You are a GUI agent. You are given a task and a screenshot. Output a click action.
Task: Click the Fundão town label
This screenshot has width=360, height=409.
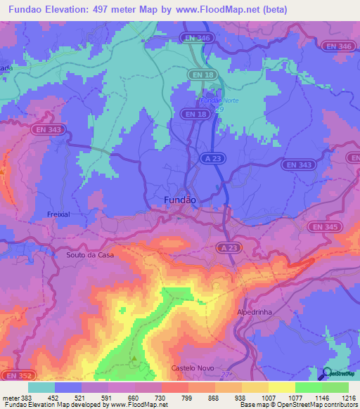coord(179,200)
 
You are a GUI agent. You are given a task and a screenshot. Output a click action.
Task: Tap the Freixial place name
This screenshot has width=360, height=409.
coord(59,214)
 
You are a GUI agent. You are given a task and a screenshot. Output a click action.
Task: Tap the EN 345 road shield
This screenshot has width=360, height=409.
coord(323,226)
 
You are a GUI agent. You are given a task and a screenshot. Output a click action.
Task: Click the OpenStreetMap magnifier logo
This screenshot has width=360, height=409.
coord(327,373)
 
